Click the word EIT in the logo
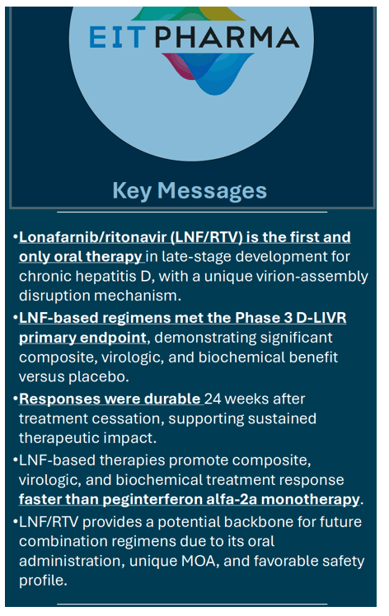[118, 37]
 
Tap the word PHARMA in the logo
[227, 37]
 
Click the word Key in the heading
[132, 191]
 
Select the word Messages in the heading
[213, 190]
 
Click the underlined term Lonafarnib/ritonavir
[93, 237]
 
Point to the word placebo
[98, 376]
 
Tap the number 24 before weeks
[213, 399]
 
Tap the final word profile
[43, 581]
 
